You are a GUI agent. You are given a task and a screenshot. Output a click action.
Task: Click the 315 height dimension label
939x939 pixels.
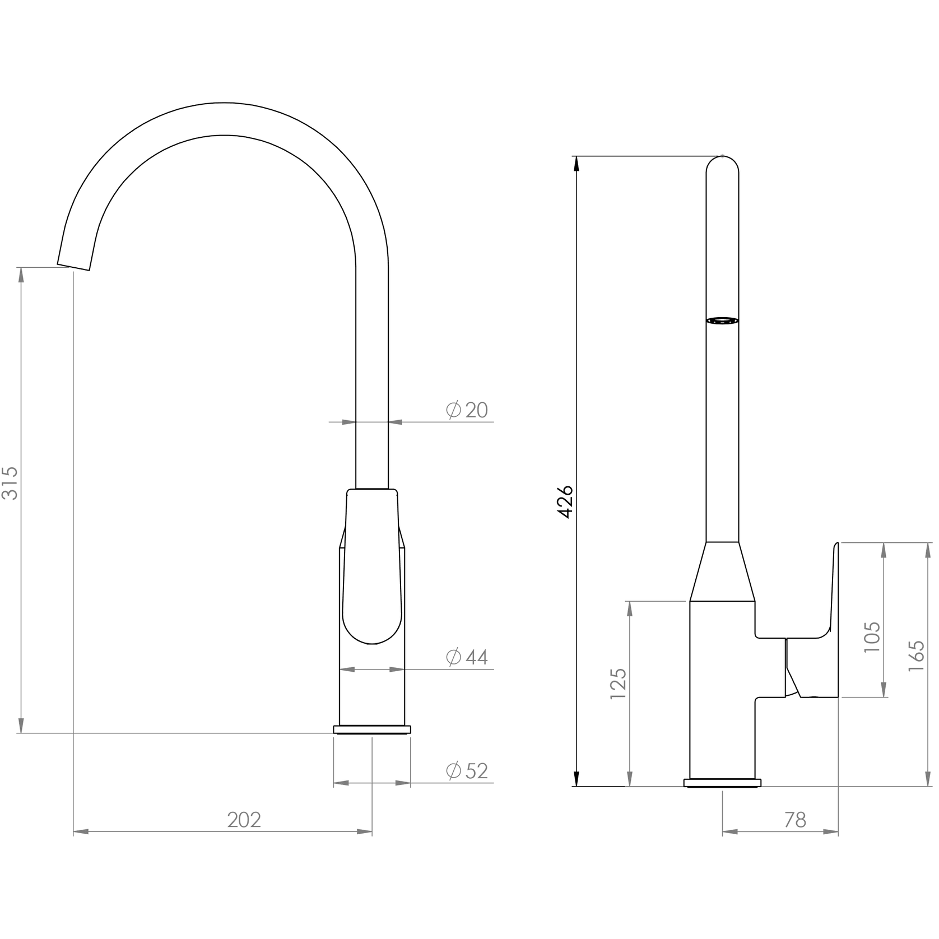11,482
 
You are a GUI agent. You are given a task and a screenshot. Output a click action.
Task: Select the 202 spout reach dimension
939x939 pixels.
244,820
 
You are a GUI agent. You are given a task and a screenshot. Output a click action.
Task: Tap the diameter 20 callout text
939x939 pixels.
468,410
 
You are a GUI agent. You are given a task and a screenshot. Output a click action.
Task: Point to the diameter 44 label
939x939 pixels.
468,657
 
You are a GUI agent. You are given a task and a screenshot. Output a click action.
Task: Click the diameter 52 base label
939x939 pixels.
468,771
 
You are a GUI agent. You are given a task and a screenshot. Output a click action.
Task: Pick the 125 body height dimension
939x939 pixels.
619,683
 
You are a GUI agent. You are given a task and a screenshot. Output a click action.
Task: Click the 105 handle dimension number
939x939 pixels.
872,636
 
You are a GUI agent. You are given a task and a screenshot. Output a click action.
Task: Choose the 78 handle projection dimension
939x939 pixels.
795,820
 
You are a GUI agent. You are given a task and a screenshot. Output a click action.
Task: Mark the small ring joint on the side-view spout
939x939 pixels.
722,320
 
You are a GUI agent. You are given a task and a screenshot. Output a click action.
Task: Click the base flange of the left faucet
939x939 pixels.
372,729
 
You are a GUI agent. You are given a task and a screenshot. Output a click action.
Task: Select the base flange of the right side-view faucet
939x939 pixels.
722,783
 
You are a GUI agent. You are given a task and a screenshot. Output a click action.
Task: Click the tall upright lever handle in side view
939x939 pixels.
834,616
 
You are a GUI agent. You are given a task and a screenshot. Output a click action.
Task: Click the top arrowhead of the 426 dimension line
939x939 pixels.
575,162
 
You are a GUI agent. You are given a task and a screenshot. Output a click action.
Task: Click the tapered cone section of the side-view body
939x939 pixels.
722,571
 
